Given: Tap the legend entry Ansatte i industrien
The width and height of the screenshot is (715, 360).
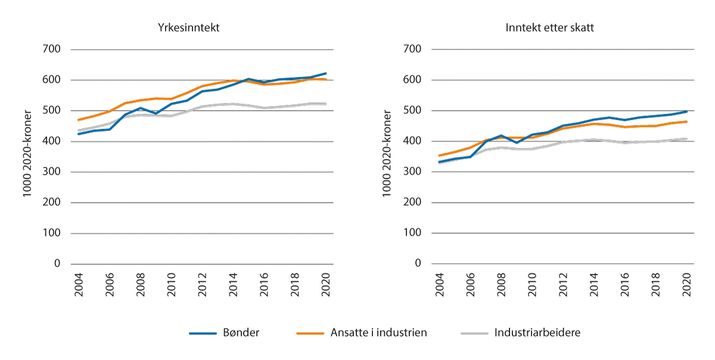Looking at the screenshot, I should point(378,333).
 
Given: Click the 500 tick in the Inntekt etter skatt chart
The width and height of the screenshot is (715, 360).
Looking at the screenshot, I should point(412,111).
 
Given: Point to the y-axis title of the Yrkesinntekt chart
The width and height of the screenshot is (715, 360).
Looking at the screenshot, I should point(28,156).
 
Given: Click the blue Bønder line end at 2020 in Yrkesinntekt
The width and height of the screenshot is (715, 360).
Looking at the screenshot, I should point(325,73).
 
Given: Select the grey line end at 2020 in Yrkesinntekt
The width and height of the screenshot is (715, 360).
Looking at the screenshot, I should point(325,104).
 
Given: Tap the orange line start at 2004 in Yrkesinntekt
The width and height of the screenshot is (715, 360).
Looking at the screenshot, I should point(78,120).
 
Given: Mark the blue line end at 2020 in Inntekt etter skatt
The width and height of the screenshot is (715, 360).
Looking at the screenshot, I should point(686,111).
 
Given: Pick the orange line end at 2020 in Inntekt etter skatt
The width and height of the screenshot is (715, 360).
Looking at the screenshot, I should point(686,122).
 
